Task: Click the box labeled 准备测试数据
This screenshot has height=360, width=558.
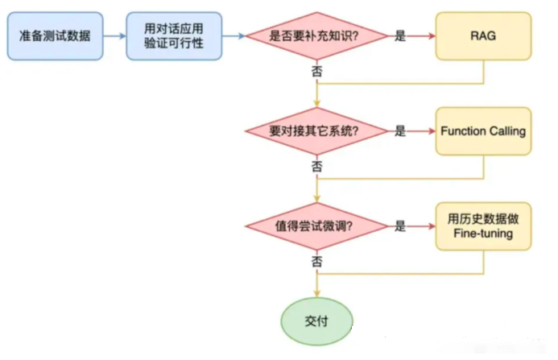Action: point(55,35)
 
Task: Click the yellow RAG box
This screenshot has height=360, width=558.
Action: point(484,35)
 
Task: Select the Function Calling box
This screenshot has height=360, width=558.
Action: point(484,131)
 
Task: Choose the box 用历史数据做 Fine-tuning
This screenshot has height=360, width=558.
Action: point(484,226)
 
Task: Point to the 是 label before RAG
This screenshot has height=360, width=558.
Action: point(400,36)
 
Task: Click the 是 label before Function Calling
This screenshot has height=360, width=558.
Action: point(400,131)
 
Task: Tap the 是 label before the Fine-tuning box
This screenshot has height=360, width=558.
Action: point(400,226)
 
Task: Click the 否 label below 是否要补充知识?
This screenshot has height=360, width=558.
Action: point(316,72)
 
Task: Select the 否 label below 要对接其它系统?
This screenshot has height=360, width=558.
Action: point(316,168)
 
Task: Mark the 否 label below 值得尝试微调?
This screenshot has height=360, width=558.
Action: point(316,263)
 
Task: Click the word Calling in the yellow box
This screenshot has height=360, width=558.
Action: point(507,131)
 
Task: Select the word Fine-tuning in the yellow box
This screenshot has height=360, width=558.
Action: point(484,234)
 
